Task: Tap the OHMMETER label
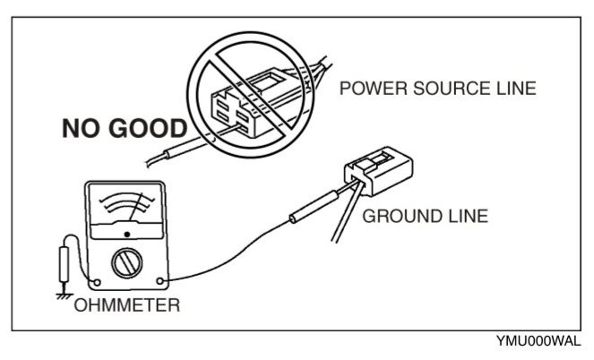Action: [128, 304]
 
